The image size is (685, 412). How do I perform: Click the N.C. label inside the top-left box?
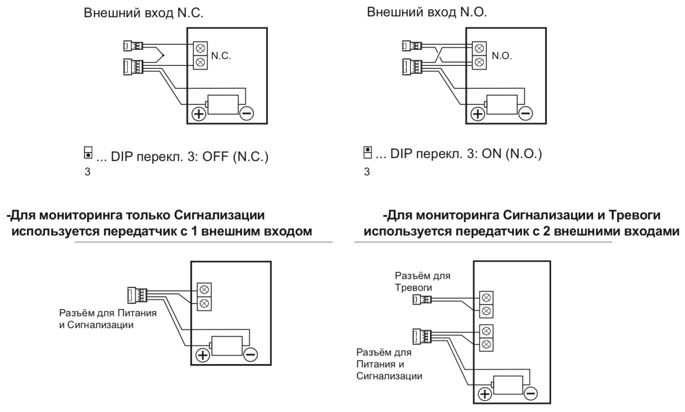221,56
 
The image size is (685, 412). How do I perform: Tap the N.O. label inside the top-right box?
501,56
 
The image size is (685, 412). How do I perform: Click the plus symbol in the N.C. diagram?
199,113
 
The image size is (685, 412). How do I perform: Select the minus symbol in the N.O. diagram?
525,113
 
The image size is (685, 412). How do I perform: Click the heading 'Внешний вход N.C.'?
144,13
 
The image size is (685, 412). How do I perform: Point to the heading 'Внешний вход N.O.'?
427,12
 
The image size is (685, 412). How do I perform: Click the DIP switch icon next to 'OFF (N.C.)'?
88,153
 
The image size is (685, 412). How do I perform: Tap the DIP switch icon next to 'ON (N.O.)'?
367,152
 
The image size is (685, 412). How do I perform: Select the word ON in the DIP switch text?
491,154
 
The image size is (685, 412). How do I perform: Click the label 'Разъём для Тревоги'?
422,281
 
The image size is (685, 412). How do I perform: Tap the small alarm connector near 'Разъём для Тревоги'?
422,300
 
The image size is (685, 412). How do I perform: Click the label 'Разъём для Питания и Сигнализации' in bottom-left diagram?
108,319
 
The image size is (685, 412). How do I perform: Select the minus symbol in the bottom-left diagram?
251,354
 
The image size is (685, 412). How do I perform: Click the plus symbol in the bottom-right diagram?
484,394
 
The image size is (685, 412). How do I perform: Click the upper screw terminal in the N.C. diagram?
201,47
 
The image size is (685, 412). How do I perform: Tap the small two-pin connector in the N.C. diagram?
133,45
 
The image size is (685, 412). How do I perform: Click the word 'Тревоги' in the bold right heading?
634,215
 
